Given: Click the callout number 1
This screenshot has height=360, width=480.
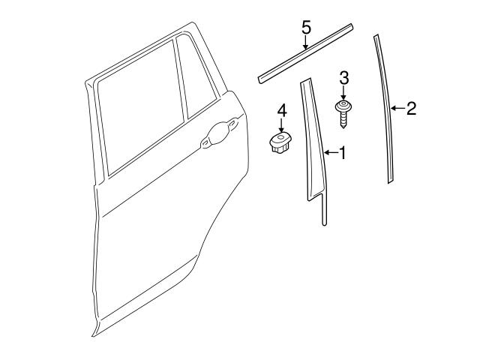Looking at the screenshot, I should tap(342, 153).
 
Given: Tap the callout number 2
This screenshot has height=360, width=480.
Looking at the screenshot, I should tap(410, 109).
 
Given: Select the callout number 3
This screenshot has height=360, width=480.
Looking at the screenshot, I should tap(344, 76).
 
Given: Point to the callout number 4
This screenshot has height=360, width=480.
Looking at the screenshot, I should tap(282, 111).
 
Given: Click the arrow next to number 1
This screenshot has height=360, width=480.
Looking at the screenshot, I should tap(330, 153).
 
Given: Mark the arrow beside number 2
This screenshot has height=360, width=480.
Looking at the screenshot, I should tap(397, 109).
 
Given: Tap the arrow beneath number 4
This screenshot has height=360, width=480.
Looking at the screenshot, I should tap(282, 127).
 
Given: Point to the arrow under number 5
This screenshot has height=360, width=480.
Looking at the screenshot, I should tap(306, 43).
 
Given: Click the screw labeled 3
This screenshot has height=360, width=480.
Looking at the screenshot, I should tap(344, 111).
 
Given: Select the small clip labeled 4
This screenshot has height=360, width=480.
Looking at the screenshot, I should tap(281, 142).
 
